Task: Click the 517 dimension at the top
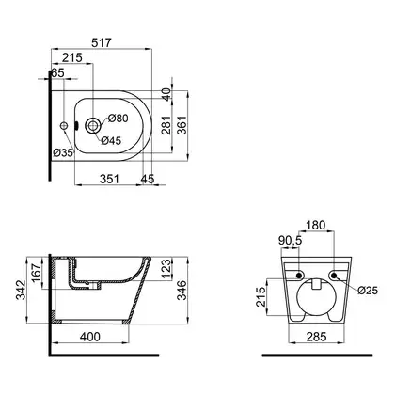pyautogui.click(x=102, y=42)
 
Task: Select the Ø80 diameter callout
pyautogui.click(x=118, y=118)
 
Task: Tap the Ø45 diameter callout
pyautogui.click(x=111, y=141)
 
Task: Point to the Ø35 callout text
pyautogui.click(x=63, y=152)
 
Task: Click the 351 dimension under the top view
pyautogui.click(x=110, y=179)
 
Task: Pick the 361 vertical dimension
pyautogui.click(x=182, y=125)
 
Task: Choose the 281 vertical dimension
pyautogui.click(x=166, y=125)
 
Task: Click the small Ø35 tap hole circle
pyautogui.click(x=64, y=125)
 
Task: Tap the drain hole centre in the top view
pyautogui.click(x=93, y=126)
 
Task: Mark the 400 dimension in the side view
pyautogui.click(x=90, y=337)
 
